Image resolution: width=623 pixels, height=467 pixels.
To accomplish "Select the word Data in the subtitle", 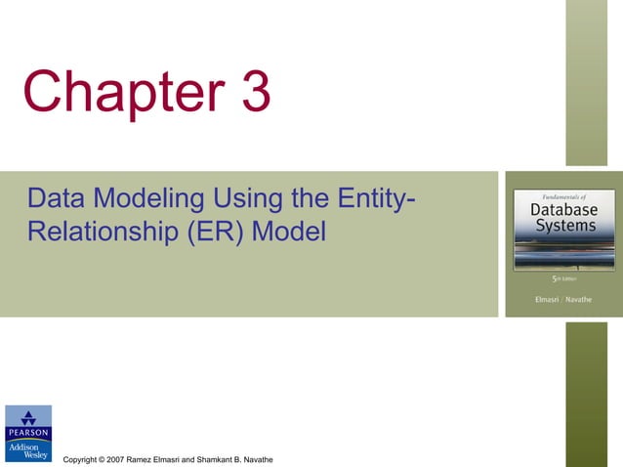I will (x=57, y=199).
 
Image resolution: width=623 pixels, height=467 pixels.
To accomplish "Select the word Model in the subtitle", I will (x=293, y=234).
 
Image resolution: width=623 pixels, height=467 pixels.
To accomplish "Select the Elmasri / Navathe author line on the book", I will (x=562, y=298).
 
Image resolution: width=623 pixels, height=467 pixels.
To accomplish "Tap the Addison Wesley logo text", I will (x=28, y=448).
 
